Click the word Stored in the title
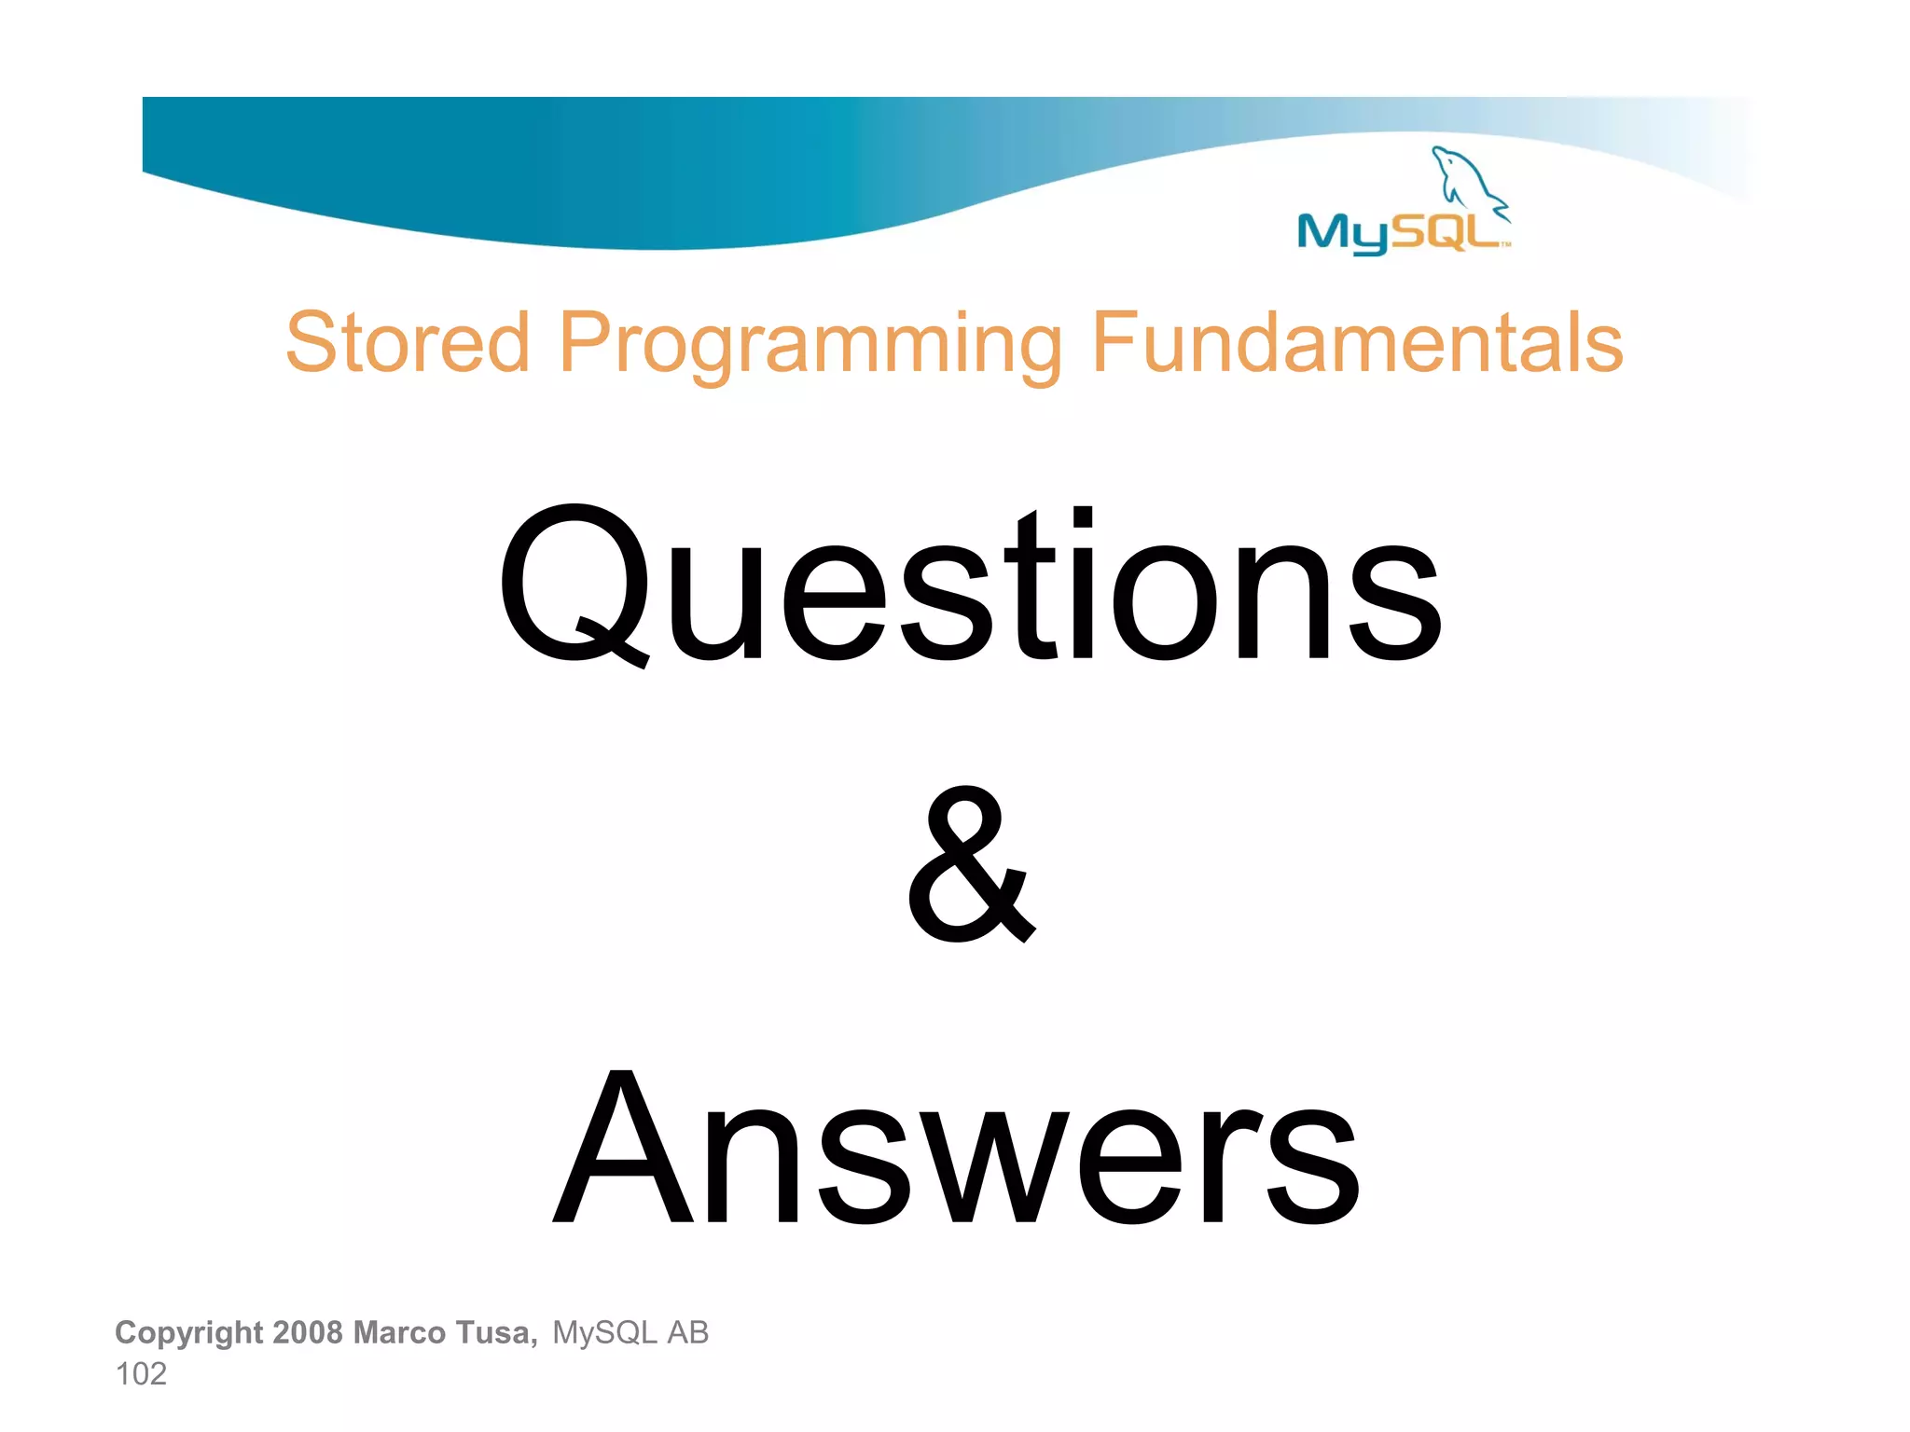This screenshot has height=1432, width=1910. point(408,342)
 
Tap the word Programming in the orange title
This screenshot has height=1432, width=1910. point(810,345)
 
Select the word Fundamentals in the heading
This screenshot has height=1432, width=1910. point(1357,342)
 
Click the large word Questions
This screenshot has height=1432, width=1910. point(970,585)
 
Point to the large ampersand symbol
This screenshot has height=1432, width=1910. point(970,865)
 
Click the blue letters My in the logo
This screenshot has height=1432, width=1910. point(1343,232)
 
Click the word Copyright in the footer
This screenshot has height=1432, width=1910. point(188,1332)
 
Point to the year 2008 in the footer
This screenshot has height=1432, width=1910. point(308,1332)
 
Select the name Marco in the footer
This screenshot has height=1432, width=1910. point(399,1332)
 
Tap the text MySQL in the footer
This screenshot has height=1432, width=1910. point(604,1333)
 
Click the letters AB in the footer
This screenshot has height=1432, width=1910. point(687,1333)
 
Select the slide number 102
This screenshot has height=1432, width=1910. point(141,1374)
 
